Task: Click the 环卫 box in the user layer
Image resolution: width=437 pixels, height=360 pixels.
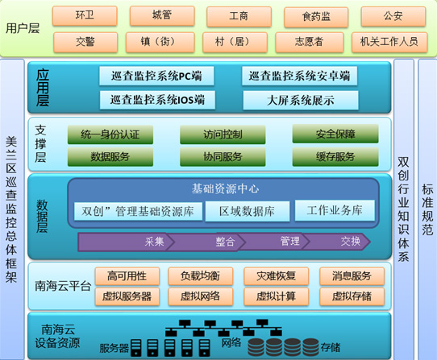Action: coord(85,16)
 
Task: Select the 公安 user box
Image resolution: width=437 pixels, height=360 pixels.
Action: coord(393,16)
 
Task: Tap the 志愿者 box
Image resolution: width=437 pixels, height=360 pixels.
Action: coord(310,42)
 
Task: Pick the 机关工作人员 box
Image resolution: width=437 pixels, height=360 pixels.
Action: coord(389,42)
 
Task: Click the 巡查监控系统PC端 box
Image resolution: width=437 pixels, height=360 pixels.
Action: coord(156,76)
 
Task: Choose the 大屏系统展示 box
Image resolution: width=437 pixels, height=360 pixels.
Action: coord(301,100)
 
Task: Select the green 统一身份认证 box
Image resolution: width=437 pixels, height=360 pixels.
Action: coord(110,134)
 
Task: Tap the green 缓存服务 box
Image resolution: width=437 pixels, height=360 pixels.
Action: coord(335,157)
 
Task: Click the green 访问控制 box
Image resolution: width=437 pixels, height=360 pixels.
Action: coord(223,134)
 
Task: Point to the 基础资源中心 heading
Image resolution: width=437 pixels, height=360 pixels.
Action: coord(225,188)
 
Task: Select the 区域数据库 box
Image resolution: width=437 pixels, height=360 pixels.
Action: coord(248,211)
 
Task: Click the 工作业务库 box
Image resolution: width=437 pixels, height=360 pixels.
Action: coord(335,210)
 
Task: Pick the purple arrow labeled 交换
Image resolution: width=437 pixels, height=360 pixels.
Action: coord(337,242)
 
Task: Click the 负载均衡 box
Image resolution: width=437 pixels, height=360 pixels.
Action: coord(201,276)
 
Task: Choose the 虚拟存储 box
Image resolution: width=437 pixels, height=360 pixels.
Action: coord(352,296)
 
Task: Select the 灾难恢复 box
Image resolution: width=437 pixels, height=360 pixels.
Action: coord(277,276)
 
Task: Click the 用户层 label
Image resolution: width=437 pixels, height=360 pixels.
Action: coord(23,28)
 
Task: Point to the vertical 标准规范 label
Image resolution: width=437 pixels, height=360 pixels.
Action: coord(427,209)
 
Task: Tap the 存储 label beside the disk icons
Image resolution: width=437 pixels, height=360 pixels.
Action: coord(331,347)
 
